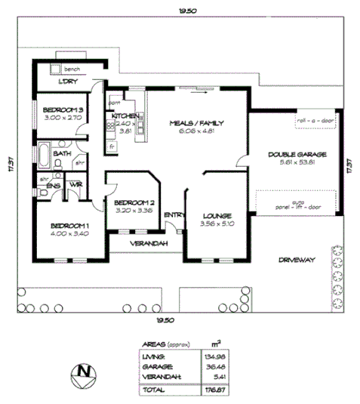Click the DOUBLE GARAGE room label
click(292, 155)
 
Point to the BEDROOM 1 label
click(69, 225)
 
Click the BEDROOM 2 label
click(134, 202)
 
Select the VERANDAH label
click(148, 244)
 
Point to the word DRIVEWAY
click(296, 259)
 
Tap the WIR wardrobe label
click(75, 183)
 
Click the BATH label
click(62, 153)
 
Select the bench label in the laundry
click(72, 69)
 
